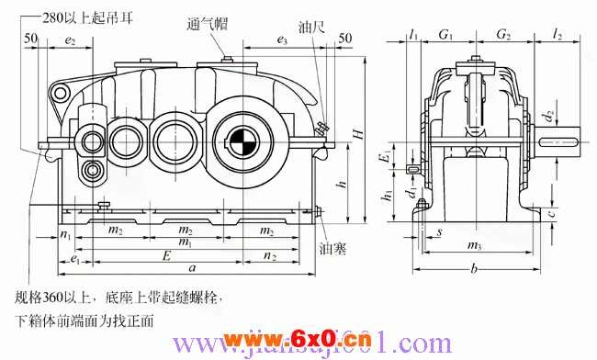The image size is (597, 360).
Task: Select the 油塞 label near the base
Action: pos(332,248)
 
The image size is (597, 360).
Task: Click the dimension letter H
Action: pos(360,133)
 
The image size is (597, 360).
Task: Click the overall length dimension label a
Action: pos(189,267)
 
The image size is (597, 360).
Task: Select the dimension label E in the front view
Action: pos(165,253)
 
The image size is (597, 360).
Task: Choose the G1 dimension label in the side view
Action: pos(445,35)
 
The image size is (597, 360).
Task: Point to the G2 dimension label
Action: pos(503,35)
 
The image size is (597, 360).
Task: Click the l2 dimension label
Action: pos(558,35)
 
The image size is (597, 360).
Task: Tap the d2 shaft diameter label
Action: pos(548,117)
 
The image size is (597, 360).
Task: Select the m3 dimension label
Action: pos(475,246)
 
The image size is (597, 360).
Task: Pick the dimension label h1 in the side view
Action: pos(389,196)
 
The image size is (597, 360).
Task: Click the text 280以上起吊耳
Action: pos(90,16)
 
